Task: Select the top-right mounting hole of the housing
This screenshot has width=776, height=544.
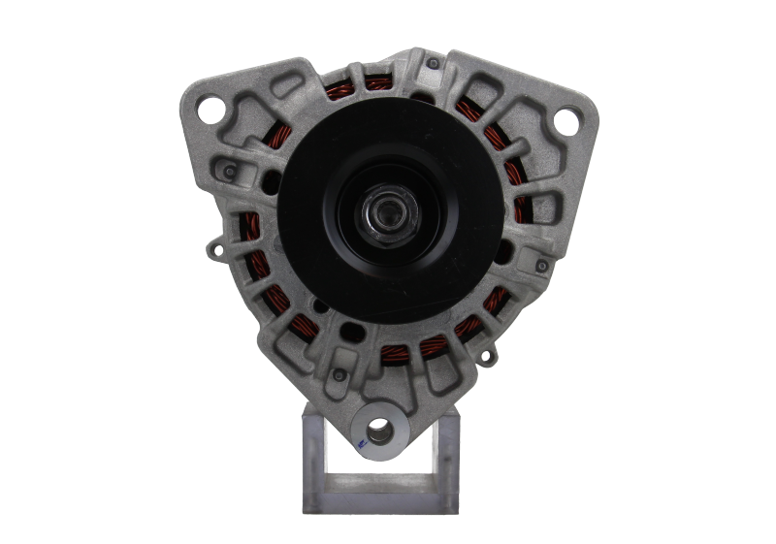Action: pos(562,121)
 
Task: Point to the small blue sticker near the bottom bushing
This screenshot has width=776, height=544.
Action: pos(359,443)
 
